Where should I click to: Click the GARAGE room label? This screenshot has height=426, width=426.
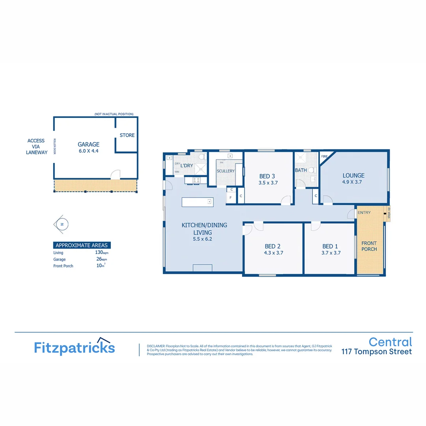coord(88,144)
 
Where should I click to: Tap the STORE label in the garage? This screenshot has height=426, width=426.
coord(127,135)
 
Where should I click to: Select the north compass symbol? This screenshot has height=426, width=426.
coord(61,224)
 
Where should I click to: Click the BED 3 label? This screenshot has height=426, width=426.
coord(267,176)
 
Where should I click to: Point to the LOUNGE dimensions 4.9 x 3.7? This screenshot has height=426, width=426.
coord(352,182)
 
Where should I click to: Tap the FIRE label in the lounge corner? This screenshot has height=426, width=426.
coord(325,157)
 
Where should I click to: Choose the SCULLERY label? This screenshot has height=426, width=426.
coord(226,171)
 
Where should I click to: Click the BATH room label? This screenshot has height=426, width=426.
coord(301,170)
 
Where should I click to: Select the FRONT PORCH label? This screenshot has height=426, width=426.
coord(369,246)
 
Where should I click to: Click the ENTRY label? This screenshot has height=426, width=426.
coord(364,213)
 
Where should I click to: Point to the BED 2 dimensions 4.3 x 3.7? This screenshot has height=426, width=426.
coord(273,253)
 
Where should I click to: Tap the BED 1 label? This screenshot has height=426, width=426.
coord(330,246)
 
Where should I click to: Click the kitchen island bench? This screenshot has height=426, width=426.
coord(197,202)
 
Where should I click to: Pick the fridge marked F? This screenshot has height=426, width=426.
coord(230,197)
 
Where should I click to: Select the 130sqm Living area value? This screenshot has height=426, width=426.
coord(99,252)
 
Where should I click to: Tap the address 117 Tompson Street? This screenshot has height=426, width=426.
coord(376,352)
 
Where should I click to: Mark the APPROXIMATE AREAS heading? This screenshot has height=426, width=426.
coord(82,245)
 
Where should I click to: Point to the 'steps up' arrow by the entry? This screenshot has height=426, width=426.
coord(385,214)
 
